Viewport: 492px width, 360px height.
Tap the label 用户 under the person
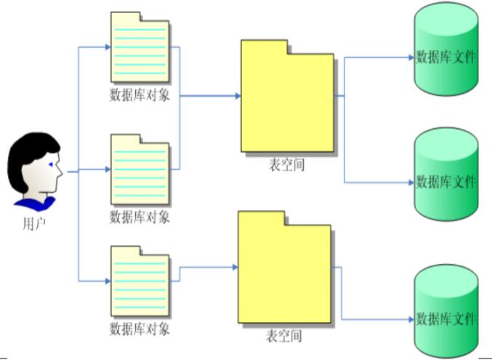tap(34, 223)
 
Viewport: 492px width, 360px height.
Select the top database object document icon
tap(140, 47)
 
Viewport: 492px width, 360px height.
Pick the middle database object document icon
tap(140, 169)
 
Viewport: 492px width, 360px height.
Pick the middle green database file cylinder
tap(445, 174)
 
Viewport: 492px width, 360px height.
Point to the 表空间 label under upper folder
tap(286, 165)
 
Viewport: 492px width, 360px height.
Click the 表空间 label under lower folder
tap(283, 336)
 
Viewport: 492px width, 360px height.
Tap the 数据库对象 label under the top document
tap(140, 95)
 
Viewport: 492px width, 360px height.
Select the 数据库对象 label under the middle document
tap(140, 216)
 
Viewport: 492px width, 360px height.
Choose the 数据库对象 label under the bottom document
tap(140, 329)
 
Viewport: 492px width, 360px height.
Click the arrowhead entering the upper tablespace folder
tap(237, 95)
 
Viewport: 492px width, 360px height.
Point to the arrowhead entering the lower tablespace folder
tap(235, 267)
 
